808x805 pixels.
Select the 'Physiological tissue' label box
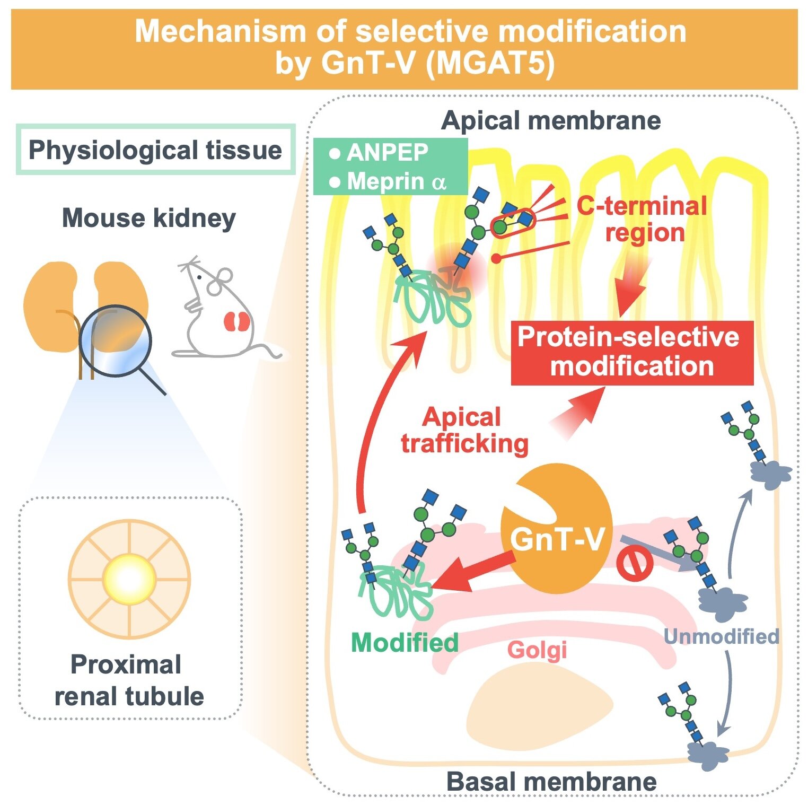155,150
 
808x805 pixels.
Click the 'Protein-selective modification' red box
631,352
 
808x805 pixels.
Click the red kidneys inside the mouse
236,321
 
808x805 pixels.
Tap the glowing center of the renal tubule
129,579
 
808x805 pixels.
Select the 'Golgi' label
537,650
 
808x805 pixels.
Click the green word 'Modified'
404,643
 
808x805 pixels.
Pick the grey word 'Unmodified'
721,636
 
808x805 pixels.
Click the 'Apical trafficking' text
464,430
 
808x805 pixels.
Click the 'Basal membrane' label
551,782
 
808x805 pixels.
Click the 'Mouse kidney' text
148,218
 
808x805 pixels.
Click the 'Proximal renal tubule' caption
128,680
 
